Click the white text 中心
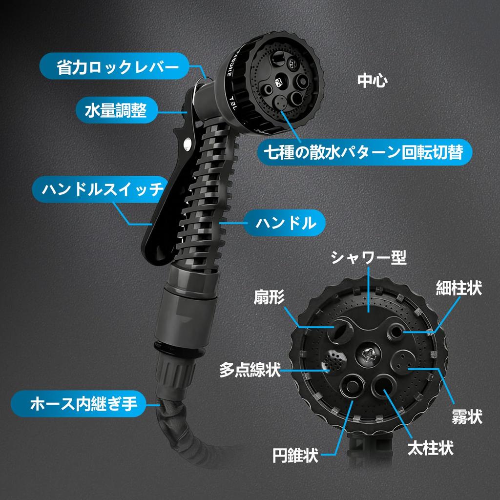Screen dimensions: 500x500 pyautogui.click(x=372, y=81)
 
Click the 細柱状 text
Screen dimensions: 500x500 pyautogui.click(x=458, y=288)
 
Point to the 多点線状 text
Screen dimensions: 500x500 pyautogui.click(x=250, y=369)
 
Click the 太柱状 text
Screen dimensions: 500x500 pyautogui.click(x=431, y=447)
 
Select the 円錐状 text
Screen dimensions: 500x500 pyautogui.click(x=295, y=456)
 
